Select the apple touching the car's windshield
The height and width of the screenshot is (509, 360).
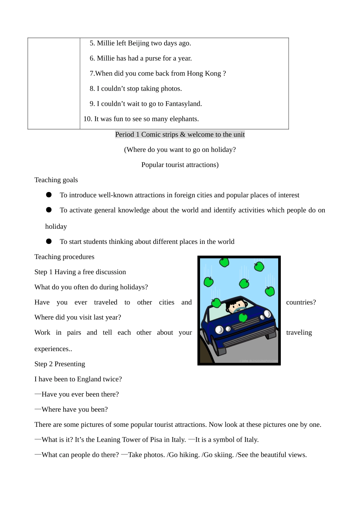(x=216, y=303)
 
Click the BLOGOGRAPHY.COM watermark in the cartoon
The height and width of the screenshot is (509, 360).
(x=259, y=361)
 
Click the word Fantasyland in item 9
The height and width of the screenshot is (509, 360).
(x=183, y=104)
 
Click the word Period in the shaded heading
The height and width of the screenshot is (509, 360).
(x=124, y=134)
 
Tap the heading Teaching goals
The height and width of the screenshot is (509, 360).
(x=56, y=180)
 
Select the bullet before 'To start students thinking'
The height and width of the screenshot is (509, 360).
(x=49, y=241)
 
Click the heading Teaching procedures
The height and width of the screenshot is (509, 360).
(x=64, y=257)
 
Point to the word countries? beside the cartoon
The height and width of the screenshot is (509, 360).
(x=301, y=302)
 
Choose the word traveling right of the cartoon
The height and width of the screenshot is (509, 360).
(x=299, y=333)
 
